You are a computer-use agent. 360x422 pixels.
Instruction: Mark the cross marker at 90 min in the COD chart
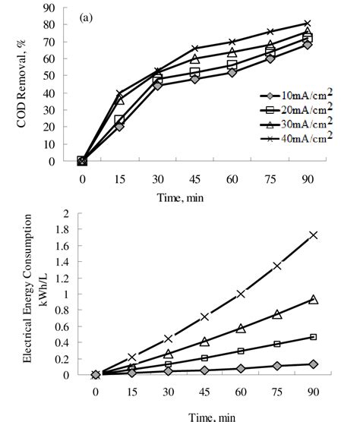(308, 24)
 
